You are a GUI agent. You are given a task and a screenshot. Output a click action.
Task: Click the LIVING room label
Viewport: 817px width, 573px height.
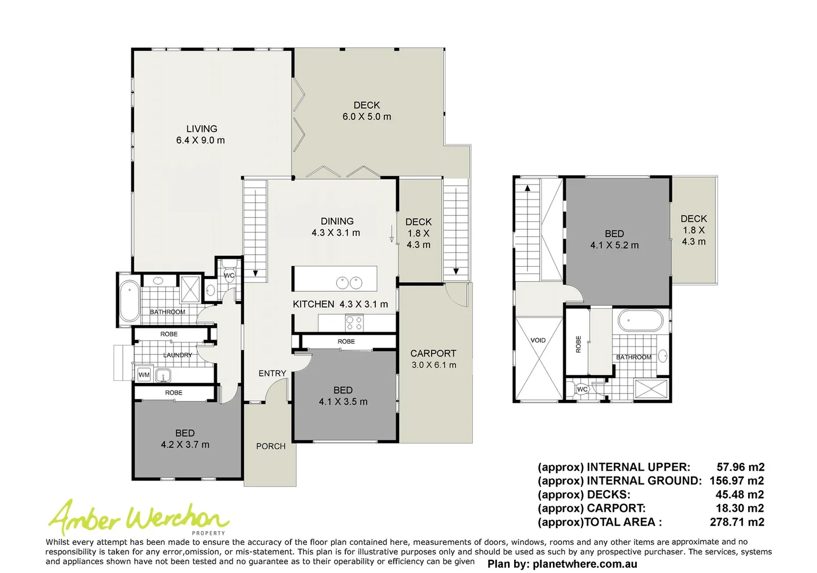point(201,129)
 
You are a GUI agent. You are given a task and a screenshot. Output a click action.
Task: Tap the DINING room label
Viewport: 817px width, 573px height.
point(337,221)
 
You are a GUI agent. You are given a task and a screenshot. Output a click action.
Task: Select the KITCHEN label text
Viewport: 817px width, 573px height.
point(313,304)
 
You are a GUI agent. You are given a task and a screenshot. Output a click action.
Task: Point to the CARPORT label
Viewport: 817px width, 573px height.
point(433,353)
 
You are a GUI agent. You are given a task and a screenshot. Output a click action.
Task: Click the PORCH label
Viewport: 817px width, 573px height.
point(270,446)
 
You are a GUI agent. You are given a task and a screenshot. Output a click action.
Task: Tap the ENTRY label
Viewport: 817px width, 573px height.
point(272,374)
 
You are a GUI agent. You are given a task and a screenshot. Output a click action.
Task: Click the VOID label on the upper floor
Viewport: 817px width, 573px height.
point(538,341)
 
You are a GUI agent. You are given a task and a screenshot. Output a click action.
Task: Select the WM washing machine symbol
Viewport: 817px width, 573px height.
point(144,375)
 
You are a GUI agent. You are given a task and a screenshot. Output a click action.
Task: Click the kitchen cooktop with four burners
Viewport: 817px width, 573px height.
point(354,322)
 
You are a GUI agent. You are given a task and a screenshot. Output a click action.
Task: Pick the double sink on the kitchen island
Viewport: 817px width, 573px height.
point(349,283)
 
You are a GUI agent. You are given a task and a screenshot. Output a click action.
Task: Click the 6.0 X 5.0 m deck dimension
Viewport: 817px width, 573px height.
point(366,117)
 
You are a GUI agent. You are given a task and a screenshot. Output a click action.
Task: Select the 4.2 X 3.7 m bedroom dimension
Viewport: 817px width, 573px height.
point(185,445)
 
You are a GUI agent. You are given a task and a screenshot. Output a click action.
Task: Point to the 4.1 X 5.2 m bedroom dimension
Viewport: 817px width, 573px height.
point(614,245)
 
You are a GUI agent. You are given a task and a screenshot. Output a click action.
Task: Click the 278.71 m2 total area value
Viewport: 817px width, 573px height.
point(736,522)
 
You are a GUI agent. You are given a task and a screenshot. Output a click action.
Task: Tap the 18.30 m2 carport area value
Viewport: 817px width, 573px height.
point(739,508)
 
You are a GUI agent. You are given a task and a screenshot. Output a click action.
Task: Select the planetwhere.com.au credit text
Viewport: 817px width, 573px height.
point(562,564)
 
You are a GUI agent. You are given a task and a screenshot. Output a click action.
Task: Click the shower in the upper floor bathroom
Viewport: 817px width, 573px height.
point(651,389)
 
